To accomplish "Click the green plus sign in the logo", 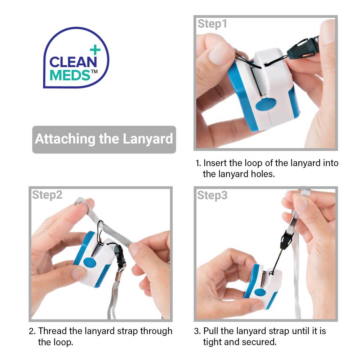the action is (x=95, y=50).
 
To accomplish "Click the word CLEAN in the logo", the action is (x=73, y=62).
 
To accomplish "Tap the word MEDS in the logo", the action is (x=70, y=75).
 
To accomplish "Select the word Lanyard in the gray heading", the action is (x=148, y=139).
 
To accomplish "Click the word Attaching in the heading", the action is (x=65, y=139).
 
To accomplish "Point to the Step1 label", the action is (x=212, y=24).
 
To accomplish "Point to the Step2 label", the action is (x=47, y=195).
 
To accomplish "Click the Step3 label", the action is (x=212, y=195).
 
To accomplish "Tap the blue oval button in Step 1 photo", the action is (x=266, y=104).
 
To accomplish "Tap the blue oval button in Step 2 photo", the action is (x=90, y=262).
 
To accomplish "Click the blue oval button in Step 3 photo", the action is (x=260, y=292).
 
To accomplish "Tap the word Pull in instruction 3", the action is (x=211, y=331).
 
